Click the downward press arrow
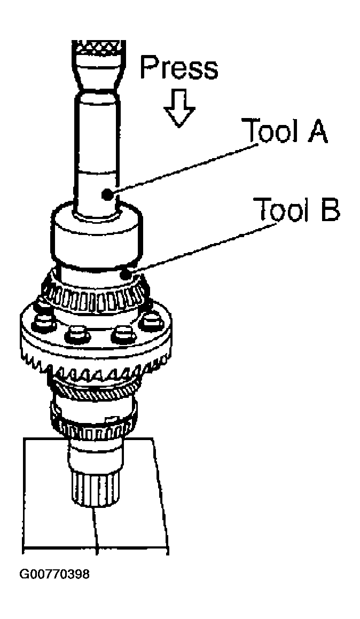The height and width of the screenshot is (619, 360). point(179,108)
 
